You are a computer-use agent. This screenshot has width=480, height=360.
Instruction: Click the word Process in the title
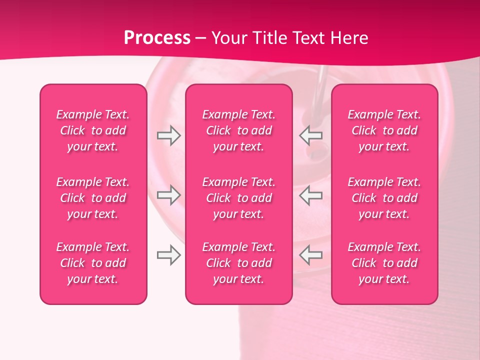tap(157, 38)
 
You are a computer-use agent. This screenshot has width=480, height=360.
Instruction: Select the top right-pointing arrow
tap(168, 135)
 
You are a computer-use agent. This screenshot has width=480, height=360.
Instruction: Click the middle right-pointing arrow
tap(168, 195)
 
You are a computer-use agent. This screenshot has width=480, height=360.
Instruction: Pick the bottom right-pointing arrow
tap(168, 255)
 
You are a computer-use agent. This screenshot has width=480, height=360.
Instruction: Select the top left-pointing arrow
tap(311, 135)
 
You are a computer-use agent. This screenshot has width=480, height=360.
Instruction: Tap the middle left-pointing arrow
tap(311, 195)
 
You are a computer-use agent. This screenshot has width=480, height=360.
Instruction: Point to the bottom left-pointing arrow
tap(311, 255)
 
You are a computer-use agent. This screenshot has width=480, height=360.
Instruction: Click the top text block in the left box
tap(93, 130)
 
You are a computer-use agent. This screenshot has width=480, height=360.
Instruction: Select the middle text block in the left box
tap(93, 198)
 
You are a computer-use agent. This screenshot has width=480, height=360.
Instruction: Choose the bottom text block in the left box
tap(93, 263)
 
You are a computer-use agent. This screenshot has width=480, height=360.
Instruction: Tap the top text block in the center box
tap(239, 130)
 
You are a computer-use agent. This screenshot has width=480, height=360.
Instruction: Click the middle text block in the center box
tap(239, 198)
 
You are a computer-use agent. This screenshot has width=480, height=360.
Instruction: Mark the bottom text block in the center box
tap(239, 263)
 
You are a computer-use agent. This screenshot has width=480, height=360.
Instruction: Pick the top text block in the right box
tap(384, 130)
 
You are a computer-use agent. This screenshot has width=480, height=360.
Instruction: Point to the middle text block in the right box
tap(384, 198)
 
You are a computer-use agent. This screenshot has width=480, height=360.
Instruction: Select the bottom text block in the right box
tap(384, 263)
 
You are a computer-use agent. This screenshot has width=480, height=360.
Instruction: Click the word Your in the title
tap(228, 38)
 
